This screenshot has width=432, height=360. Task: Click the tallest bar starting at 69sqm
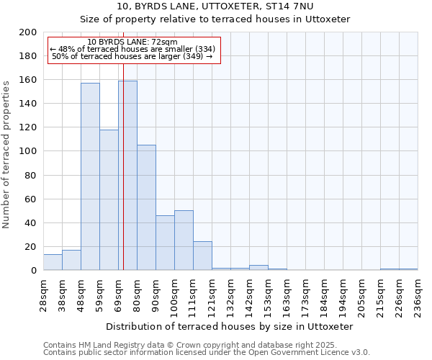(127, 176)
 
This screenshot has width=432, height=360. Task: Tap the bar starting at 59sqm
(109, 200)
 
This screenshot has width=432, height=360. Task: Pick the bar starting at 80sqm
(146, 207)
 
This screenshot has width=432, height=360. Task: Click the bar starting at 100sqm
(184, 240)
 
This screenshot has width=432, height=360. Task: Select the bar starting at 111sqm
(202, 256)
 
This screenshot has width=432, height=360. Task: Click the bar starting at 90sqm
(165, 243)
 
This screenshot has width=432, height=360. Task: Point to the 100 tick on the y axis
(29, 151)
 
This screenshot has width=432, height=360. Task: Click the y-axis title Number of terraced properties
(6, 154)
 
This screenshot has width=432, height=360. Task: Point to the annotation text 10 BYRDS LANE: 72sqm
(132, 42)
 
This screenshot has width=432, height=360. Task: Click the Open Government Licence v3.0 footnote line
(206, 353)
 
